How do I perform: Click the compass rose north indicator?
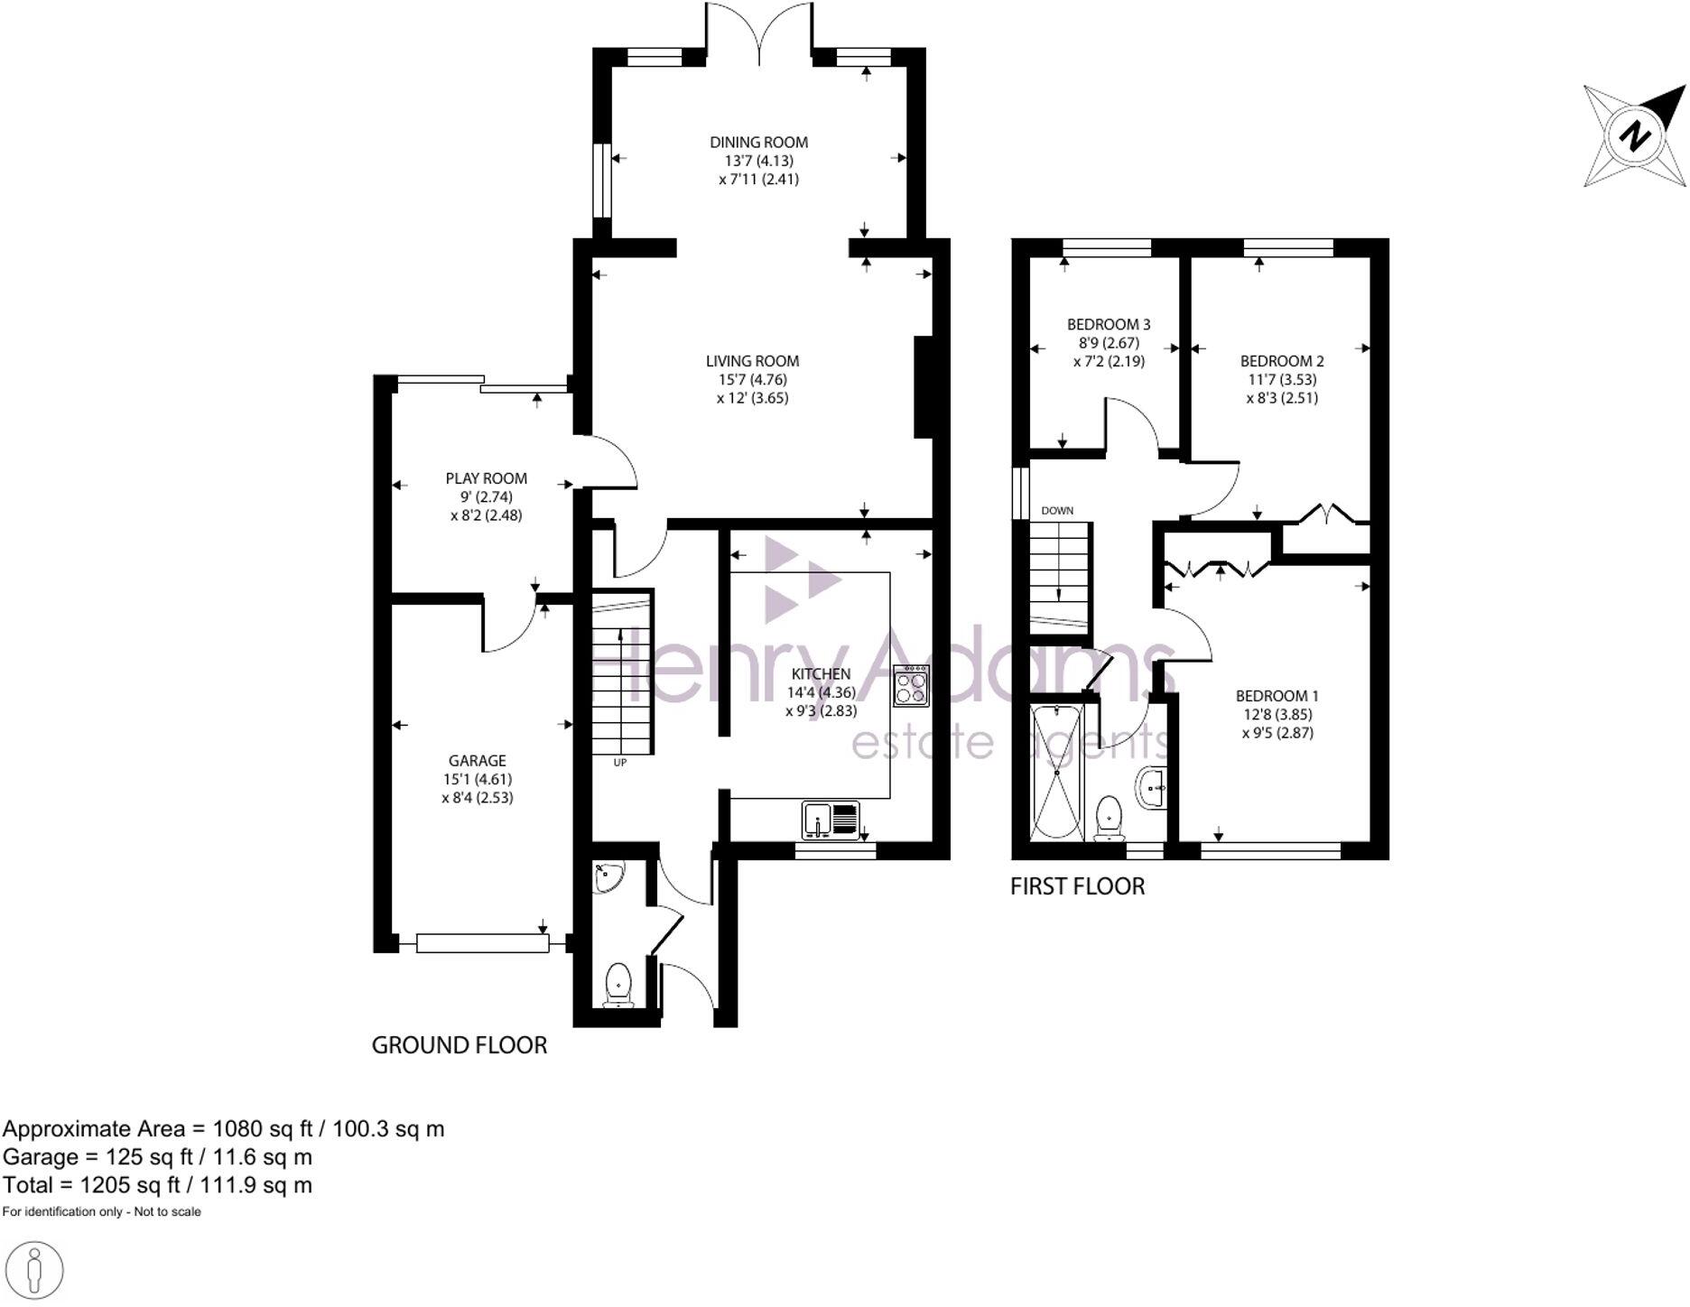(1634, 136)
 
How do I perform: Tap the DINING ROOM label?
(758, 142)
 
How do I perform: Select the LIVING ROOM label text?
(752, 361)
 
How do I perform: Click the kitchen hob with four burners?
(911, 686)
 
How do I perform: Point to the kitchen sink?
(816, 820)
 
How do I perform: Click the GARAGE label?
(478, 761)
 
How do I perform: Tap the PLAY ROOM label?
(486, 478)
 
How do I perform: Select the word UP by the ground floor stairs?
(620, 763)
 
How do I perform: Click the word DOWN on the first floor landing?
(1057, 511)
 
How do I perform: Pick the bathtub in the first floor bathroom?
(1054, 774)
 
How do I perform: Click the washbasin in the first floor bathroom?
(1153, 788)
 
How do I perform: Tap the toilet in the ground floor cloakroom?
(618, 984)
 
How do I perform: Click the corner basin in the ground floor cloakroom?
(608, 876)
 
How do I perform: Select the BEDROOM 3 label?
(1109, 324)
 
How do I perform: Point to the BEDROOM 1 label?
(1277, 696)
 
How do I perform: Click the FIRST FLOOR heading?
(1077, 886)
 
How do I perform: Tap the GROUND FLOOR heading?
(460, 1045)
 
